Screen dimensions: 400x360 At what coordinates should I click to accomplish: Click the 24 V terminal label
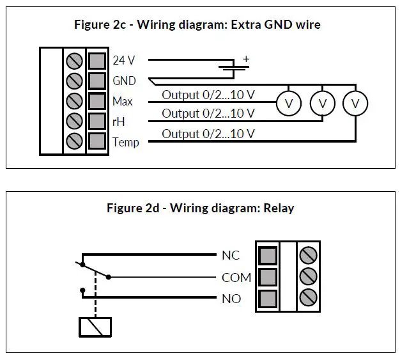(124, 61)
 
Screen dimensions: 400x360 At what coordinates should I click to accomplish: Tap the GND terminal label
(124, 81)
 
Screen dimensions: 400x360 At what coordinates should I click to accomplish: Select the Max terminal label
(123, 102)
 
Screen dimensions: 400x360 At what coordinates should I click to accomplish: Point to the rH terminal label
(119, 121)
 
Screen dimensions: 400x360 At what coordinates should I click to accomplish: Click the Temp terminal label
(126, 142)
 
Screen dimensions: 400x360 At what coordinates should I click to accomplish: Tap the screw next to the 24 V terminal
(74, 61)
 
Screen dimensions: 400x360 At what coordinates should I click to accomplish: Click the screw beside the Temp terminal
(74, 141)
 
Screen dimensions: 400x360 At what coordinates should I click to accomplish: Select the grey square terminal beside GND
(97, 81)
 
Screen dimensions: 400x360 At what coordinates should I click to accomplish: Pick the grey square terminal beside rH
(97, 121)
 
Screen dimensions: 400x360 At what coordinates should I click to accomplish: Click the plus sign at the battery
(246, 59)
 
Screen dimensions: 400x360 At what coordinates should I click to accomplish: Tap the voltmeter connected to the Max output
(289, 104)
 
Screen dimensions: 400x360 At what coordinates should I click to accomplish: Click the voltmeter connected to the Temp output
(355, 104)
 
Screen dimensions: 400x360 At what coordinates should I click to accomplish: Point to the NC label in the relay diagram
(231, 255)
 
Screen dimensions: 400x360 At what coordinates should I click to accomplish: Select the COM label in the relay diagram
(236, 278)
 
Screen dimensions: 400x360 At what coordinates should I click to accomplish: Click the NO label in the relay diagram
(231, 299)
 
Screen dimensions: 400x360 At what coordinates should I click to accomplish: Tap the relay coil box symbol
(95, 327)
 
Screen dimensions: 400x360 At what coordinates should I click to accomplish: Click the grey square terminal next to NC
(268, 256)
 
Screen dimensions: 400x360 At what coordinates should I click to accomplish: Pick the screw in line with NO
(308, 297)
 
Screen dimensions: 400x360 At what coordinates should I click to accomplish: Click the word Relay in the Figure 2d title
(279, 208)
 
